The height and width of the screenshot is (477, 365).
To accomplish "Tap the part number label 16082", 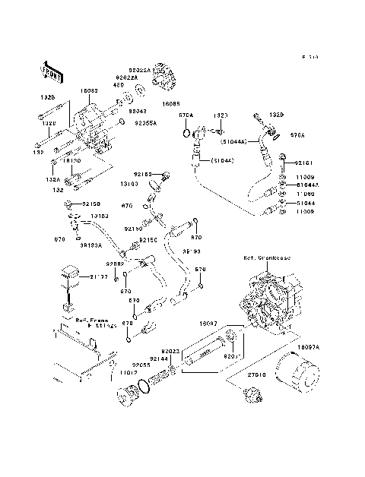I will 89,90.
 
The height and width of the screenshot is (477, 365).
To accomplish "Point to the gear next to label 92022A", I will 163,77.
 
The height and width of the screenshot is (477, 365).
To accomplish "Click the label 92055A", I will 146,122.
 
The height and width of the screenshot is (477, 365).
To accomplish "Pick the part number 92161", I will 304,163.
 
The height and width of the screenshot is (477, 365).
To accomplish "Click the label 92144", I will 159,359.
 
